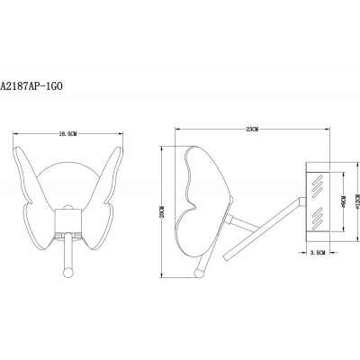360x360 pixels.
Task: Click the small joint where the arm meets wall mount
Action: [301, 198]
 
